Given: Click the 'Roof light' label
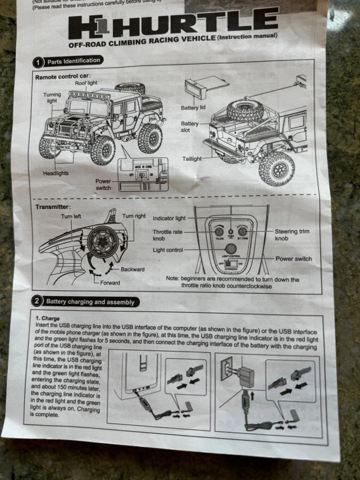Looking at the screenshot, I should (x=86, y=83).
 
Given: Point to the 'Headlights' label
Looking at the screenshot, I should (x=55, y=173).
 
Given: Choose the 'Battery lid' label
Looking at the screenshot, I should (x=193, y=107).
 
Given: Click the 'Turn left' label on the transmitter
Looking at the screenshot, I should (x=71, y=216).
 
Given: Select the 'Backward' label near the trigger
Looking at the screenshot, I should (x=132, y=269).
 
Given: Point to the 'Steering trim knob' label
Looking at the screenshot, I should (x=292, y=235).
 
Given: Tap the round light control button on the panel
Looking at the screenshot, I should (x=230, y=248).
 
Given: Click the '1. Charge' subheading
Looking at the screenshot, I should (x=48, y=318).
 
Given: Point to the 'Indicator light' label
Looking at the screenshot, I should (x=169, y=218).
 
